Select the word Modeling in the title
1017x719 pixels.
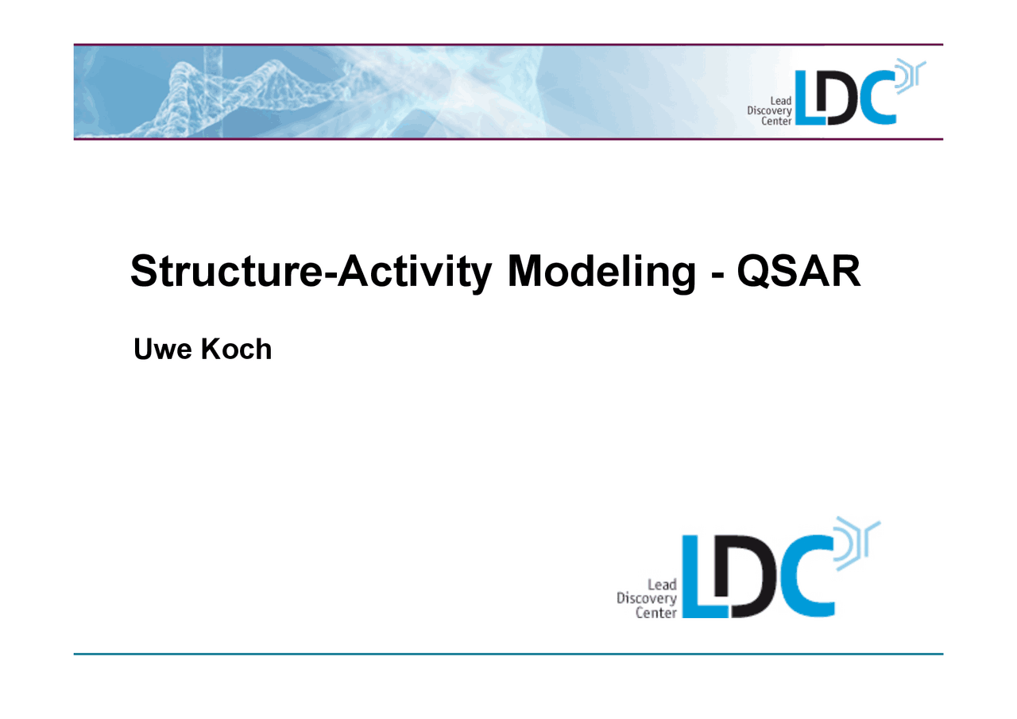tap(601, 273)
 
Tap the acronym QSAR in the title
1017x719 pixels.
tap(798, 273)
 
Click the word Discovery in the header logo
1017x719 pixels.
tap(768, 111)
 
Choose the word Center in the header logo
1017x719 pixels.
tap(775, 122)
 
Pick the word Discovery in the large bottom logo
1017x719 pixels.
tap(646, 599)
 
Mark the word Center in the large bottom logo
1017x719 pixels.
tap(655, 613)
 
